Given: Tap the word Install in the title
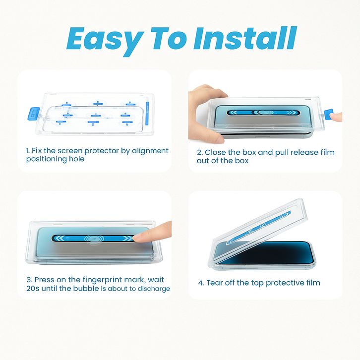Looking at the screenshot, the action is (245, 38).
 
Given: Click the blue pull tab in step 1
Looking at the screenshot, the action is (33, 114).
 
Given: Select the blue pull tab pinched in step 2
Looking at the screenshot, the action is (329, 114).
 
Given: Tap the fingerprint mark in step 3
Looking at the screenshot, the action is (94, 239).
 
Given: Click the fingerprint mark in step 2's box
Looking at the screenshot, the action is (264, 113).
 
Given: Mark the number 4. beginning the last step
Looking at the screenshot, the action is (201, 283).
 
